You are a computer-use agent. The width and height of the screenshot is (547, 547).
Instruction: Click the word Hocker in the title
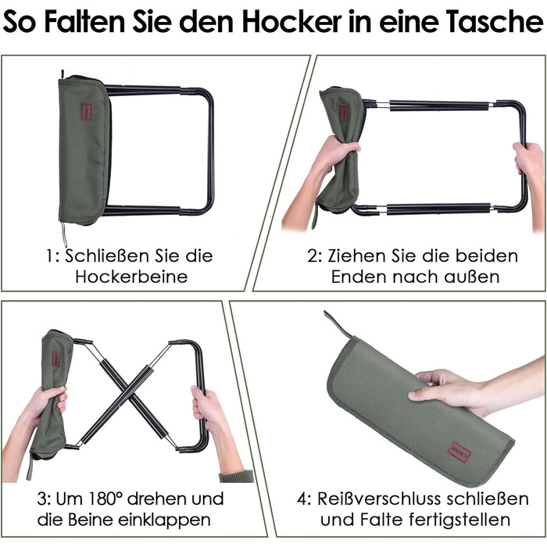coord(291,21)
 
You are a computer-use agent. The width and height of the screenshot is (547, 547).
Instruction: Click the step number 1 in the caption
coord(50,256)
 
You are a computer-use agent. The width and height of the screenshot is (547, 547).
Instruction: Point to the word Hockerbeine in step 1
coord(131,277)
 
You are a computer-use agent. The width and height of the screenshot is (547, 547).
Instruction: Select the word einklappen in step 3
coord(164,520)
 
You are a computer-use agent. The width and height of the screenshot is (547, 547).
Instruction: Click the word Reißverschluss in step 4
coord(379,499)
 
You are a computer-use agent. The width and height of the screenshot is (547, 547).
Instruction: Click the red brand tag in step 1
coord(86,112)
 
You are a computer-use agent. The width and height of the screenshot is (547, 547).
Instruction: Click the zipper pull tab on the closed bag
coord(337,323)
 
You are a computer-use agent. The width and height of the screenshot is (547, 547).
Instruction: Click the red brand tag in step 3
coord(56,359)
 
